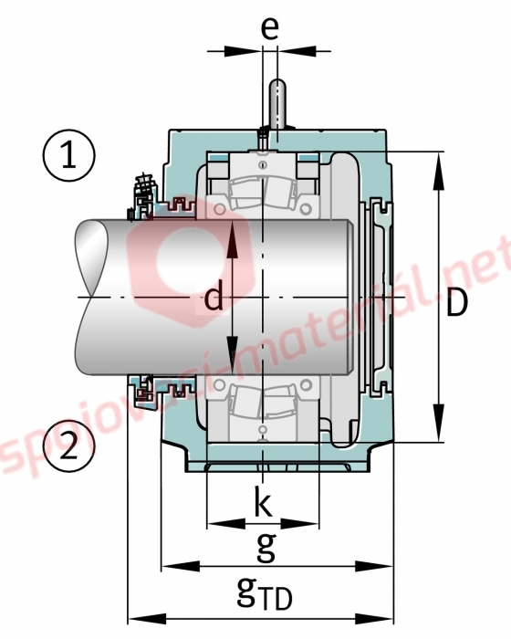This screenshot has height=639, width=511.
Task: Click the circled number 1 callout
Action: (x=68, y=155)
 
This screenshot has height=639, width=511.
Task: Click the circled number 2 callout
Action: (x=68, y=445)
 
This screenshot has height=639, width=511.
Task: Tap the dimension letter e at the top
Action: (x=270, y=27)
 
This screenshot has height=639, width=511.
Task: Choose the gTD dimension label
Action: (x=264, y=596)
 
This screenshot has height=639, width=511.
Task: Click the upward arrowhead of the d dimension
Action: (x=232, y=239)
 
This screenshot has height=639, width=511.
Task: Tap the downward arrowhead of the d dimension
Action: (x=232, y=354)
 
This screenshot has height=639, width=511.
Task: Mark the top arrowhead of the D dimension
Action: (x=439, y=171)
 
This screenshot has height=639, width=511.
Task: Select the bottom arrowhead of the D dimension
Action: (x=439, y=423)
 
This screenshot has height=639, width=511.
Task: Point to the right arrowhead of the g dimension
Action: (x=374, y=566)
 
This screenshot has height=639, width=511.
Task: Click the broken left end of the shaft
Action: (x=88, y=297)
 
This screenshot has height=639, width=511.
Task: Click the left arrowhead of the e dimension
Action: (x=244, y=51)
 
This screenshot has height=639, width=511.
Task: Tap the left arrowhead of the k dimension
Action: (x=226, y=524)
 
